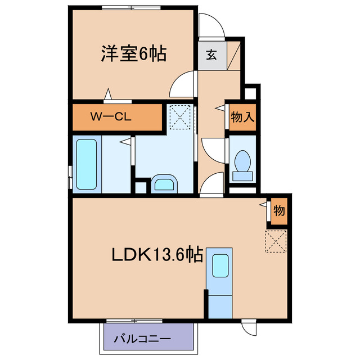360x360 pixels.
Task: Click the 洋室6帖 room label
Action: [133, 55]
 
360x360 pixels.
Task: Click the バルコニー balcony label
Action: [142, 339]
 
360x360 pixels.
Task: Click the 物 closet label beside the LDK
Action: [278, 211]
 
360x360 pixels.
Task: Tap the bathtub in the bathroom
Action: [87, 164]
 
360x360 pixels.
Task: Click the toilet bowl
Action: [243, 162]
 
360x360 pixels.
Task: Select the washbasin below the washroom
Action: [164, 184]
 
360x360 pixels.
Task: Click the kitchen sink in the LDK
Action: [219, 264]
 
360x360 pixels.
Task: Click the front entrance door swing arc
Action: [211, 27]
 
